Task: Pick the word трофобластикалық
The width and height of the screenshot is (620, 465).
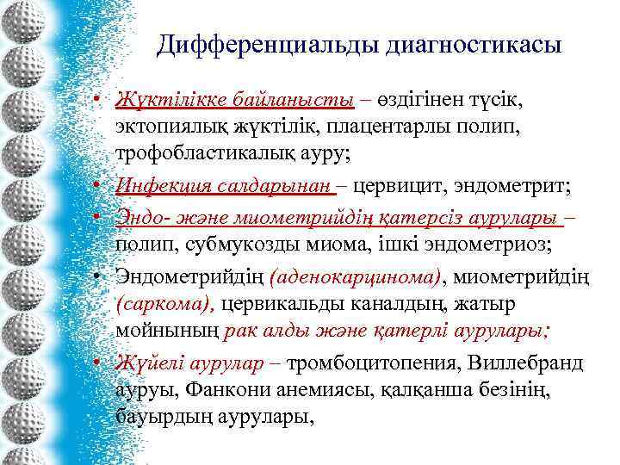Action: click(x=206, y=155)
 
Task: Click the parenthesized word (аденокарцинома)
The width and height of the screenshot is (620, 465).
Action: click(x=356, y=276)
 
